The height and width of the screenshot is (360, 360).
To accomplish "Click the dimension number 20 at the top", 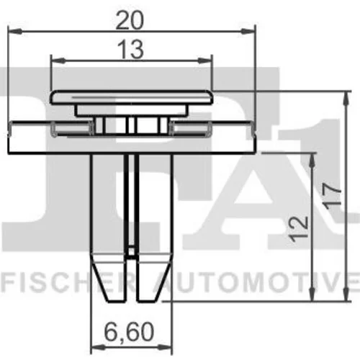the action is click(x=130, y=20).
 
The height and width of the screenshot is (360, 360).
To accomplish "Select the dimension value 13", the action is click(x=132, y=50).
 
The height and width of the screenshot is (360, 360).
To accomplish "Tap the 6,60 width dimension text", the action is click(x=130, y=332).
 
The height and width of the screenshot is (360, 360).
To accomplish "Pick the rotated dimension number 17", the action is click(x=333, y=197).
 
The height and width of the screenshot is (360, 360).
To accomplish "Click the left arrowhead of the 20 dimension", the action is click(x=15, y=31).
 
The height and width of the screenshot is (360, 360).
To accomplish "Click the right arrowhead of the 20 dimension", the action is click(x=248, y=31).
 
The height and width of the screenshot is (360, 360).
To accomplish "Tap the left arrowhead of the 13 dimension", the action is click(x=58, y=60).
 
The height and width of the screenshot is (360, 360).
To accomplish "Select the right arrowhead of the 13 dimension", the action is click(x=204, y=60).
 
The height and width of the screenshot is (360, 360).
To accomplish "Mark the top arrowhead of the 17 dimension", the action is click(x=346, y=99).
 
